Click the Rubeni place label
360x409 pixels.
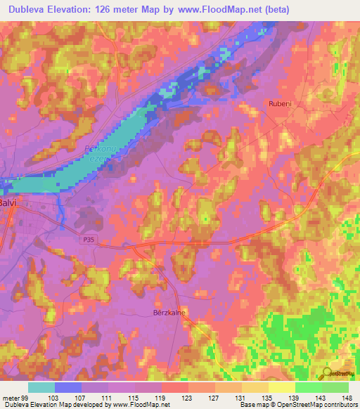point(280,103)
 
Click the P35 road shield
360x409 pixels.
point(86,239)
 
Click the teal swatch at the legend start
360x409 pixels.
point(41,387)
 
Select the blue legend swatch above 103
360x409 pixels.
point(68,387)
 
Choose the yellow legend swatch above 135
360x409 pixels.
point(255,387)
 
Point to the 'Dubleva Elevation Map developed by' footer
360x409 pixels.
point(56,405)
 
